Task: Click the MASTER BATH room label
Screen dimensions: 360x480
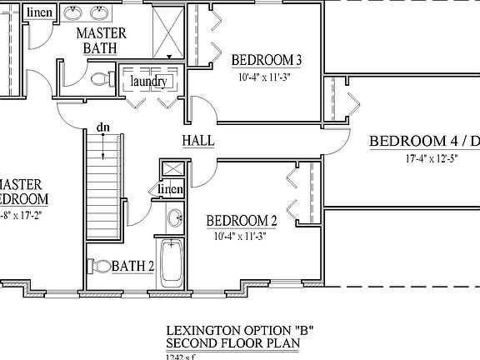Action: point(101,41)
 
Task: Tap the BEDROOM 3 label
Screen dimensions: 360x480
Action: point(266,60)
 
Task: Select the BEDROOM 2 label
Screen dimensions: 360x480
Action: point(242,221)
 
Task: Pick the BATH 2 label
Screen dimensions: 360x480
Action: point(133,267)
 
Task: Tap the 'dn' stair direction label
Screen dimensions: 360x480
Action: point(102,127)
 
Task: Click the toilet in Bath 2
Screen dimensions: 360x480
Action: point(101,266)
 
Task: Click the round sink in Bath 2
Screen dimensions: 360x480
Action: point(175,219)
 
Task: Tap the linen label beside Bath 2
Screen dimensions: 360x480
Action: point(171,190)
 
